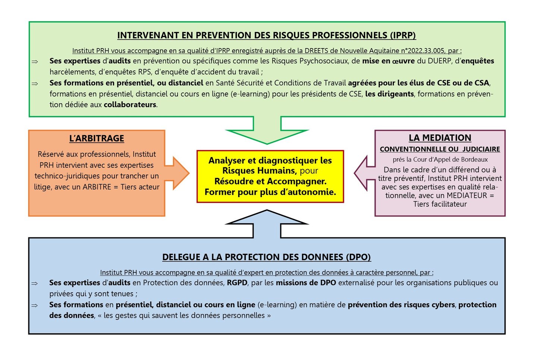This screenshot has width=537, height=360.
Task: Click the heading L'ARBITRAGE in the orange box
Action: [x=97, y=138]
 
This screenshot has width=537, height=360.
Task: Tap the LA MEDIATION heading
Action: [x=440, y=138]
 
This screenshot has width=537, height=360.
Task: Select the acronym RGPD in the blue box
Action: [x=237, y=282]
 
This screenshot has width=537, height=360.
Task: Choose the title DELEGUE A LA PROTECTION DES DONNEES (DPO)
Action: [x=267, y=257]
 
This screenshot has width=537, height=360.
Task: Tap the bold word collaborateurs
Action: [x=130, y=104]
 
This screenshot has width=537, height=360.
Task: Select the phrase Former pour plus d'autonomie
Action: [x=270, y=192]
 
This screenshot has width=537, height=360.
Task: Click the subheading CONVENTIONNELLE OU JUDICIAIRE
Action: [x=440, y=149]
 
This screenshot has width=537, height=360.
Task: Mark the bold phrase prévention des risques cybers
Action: [x=401, y=304]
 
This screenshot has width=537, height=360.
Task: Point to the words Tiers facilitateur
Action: [x=440, y=204]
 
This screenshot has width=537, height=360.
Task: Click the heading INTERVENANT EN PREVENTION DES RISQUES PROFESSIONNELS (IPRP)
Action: [x=267, y=35]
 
